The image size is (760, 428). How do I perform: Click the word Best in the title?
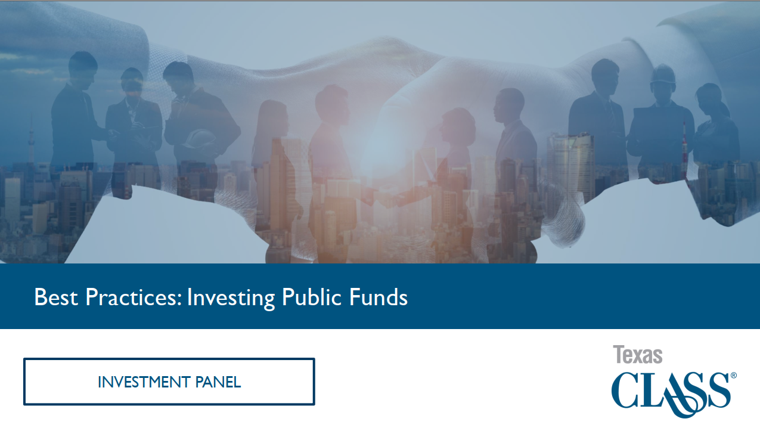coord(56,297)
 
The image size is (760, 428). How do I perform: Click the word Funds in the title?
coord(379,297)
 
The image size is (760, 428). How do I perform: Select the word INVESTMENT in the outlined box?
coord(144,382)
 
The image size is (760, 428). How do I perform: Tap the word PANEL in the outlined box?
coord(218,382)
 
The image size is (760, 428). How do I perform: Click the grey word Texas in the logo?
coord(638,355)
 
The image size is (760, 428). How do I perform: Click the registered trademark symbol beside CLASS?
coord(734,376)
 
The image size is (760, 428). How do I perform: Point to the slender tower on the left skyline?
coord(32,139)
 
